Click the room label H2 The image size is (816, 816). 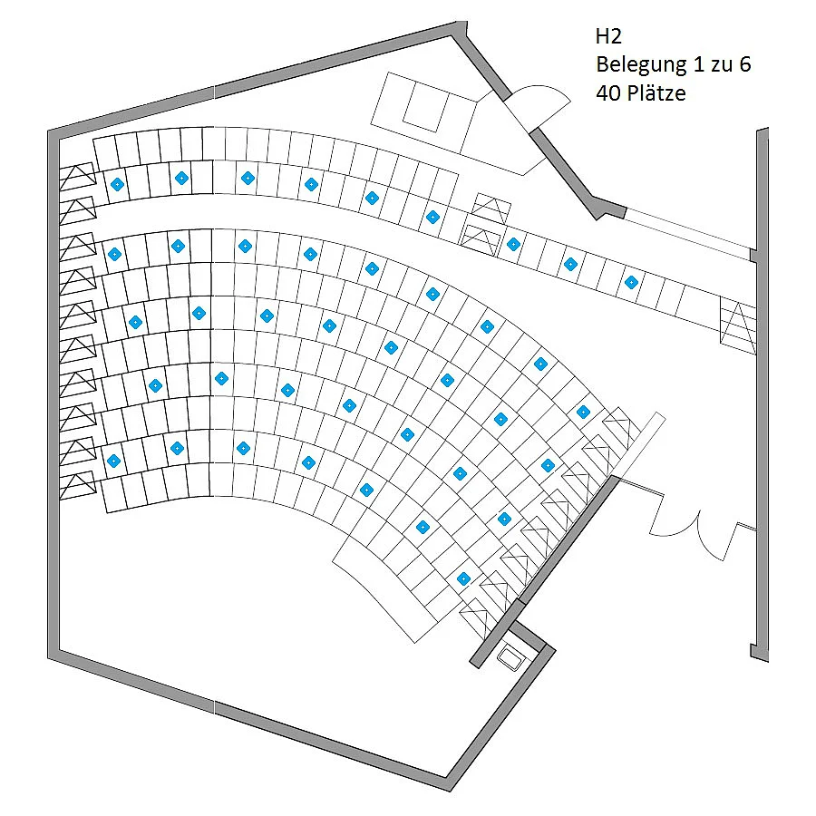tap(607, 36)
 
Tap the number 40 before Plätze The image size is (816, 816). tap(607, 93)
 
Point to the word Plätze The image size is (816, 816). tap(656, 93)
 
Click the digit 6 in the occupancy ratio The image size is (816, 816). tap(744, 64)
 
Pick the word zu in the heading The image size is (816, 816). tap(722, 66)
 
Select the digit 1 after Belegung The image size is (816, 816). tap(698, 64)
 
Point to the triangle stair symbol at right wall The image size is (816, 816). tap(738, 325)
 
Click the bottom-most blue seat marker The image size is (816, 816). tap(463, 578)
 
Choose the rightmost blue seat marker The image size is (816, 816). tap(631, 283)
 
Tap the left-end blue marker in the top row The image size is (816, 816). tap(117, 184)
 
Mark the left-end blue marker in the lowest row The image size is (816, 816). tap(113, 461)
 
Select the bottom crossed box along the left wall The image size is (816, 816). tap(78, 486)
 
